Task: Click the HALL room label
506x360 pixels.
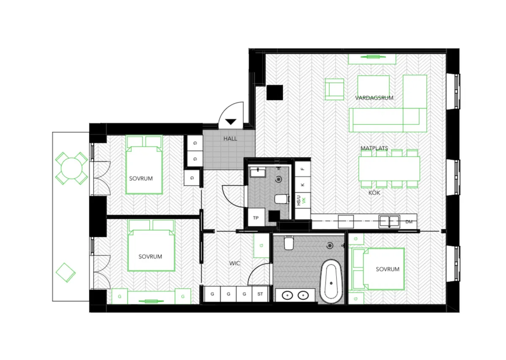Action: (230, 138)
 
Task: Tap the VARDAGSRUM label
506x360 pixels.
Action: (374, 98)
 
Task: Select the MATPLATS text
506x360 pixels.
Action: (374, 148)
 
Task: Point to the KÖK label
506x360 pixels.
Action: (374, 193)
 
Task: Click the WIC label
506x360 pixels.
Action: (234, 263)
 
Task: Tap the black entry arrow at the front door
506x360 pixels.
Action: (231, 122)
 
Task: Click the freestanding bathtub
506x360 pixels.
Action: (331, 282)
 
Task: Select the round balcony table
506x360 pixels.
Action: (71, 168)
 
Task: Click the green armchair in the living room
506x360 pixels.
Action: (334, 89)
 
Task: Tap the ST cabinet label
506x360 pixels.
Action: (260, 294)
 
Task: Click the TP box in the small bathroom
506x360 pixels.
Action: (256, 217)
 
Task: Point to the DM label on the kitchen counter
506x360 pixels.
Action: (409, 222)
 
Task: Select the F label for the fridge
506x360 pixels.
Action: (303, 169)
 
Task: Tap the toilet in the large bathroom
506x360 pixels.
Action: (288, 243)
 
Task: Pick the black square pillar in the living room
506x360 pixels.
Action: (275, 92)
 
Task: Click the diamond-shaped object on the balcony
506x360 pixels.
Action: (65, 273)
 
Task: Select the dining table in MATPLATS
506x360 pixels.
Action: (389, 168)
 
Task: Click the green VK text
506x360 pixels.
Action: (304, 200)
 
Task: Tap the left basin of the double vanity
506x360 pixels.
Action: (288, 295)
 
